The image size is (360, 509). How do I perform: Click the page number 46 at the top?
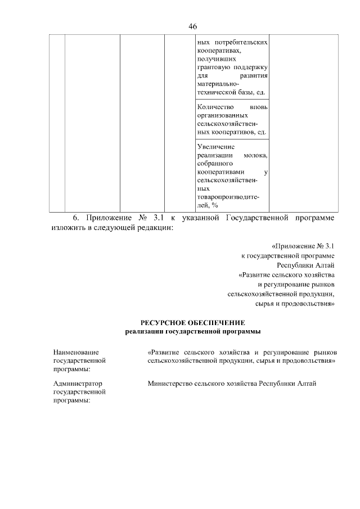pos(193,26)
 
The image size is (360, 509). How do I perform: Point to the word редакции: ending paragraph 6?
pos(156,228)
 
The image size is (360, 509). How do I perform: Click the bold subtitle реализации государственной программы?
pos(192,332)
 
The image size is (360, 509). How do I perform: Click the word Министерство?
pos(170,384)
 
